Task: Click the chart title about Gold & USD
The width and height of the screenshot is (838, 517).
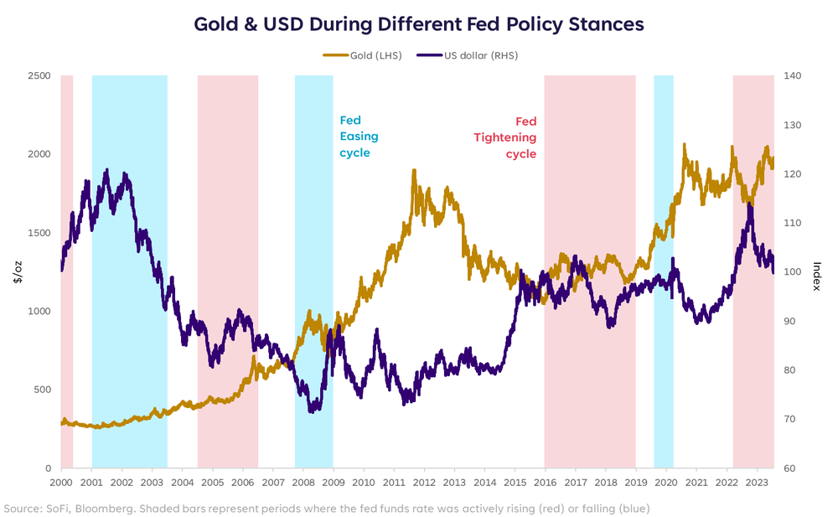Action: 419,23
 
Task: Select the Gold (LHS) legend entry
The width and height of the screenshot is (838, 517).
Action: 361,54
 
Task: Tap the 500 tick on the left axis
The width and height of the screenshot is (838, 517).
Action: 42,390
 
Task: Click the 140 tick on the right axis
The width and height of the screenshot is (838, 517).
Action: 793,76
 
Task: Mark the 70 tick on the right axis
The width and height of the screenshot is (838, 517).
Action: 790,419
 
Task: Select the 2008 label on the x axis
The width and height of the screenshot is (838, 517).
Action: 303,483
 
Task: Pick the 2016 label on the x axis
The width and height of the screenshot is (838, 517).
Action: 545,483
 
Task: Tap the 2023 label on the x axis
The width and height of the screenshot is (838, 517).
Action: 757,483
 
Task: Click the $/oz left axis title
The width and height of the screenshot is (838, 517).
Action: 18,272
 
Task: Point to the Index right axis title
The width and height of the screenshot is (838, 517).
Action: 816,272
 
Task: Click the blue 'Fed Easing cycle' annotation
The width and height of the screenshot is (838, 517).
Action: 359,137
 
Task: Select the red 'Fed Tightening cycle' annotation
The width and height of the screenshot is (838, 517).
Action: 515,137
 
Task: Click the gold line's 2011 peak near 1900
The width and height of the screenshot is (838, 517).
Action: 414,171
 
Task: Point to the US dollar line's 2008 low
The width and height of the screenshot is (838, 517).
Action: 313,411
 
